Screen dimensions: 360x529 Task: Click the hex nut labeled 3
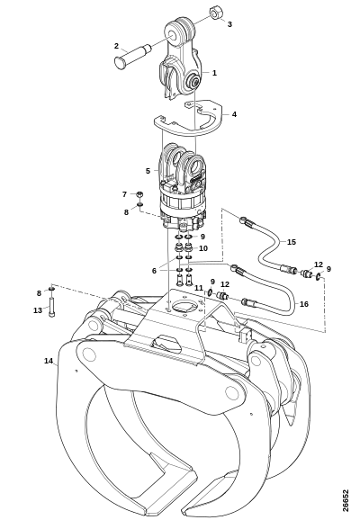[214, 13]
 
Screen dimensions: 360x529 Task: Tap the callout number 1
[214, 73]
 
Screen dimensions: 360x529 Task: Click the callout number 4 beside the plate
[234, 114]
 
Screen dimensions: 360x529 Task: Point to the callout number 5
[148, 171]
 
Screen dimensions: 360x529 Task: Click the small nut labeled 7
[139, 194]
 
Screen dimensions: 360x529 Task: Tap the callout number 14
[49, 361]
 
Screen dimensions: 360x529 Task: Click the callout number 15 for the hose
[292, 242]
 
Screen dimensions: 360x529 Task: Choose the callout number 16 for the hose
[304, 304]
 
